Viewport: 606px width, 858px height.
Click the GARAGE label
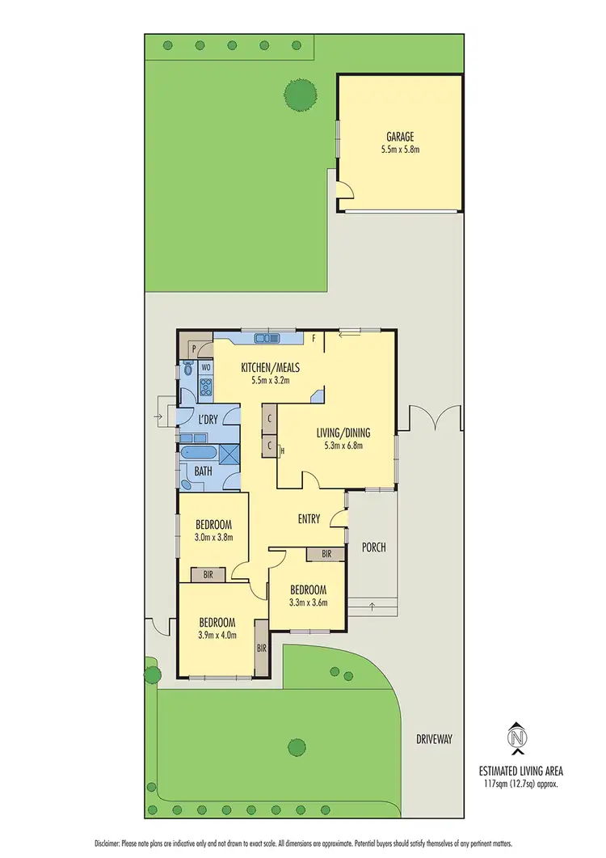point(399,137)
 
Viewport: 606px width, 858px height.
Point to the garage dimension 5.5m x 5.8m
point(399,150)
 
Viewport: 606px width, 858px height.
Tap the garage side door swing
point(346,189)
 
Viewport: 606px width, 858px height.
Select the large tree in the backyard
point(299,96)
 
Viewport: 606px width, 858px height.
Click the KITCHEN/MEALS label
point(270,367)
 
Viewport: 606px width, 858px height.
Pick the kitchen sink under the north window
point(263,338)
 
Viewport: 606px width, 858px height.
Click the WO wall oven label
point(206,366)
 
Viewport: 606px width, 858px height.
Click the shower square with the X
point(229,454)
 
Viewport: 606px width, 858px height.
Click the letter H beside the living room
point(280,450)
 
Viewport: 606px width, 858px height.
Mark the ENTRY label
point(309,519)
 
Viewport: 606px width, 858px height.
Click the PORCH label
point(373,547)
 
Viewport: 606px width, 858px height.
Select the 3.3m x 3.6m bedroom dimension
point(308,601)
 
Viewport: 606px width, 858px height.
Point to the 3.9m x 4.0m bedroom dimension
point(217,635)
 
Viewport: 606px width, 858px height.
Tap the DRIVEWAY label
point(434,738)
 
